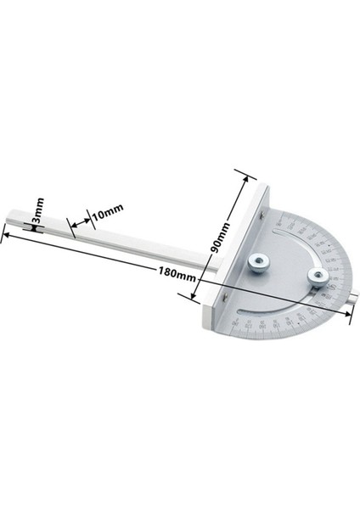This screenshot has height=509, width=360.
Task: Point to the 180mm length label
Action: [x=176, y=273]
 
